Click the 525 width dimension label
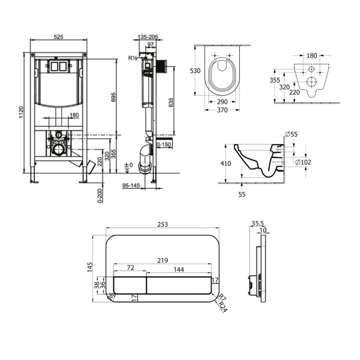coord(59,37)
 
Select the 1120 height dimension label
coord(22,112)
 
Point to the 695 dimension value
coord(114,97)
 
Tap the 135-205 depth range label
coord(148,37)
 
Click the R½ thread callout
coord(132,58)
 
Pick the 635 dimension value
coord(171,102)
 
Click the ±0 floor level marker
coord(129,165)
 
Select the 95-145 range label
coord(131,186)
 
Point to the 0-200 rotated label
coord(100,196)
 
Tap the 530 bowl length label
coord(195,71)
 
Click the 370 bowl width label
coord(222,110)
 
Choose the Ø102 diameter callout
coord(303,162)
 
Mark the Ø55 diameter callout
coord(291,134)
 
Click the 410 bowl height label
coord(225,164)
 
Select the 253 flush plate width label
coord(162,224)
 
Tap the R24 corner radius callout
coord(222,307)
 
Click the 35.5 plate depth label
coord(258,223)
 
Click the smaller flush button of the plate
coord(130,285)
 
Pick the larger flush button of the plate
coord(179,285)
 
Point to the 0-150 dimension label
coord(164,145)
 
